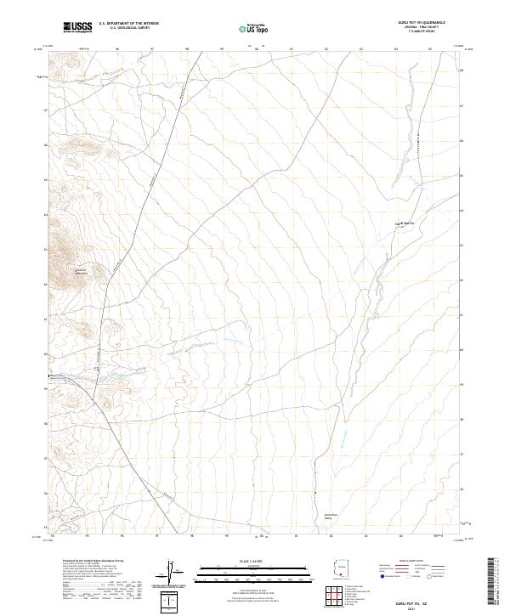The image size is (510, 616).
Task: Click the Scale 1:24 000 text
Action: coord(254,560)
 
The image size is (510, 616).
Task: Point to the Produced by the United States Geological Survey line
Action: coord(86,562)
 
